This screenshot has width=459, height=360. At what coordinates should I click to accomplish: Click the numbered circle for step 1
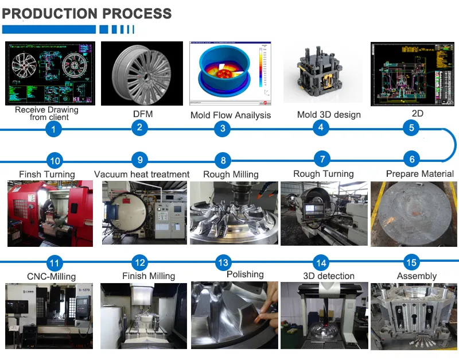tap(53, 130)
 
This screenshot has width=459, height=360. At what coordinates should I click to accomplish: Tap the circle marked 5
tap(411, 127)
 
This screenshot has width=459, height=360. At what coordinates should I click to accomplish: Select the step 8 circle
tap(223, 161)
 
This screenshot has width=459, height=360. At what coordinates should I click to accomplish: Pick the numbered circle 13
tap(223, 263)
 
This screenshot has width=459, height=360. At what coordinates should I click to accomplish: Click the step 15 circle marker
tap(411, 263)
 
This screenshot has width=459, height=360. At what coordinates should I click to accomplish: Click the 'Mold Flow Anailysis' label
tap(231, 115)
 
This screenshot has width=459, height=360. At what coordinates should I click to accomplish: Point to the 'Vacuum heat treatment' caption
tap(142, 174)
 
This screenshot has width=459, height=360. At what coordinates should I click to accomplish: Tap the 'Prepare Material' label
tap(419, 173)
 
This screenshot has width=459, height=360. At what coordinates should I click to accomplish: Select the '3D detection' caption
tap(329, 276)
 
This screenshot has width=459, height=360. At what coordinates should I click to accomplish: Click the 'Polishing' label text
tap(245, 274)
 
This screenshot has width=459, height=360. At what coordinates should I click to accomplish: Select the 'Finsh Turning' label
tap(47, 174)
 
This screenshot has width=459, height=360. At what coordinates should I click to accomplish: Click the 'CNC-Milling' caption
tap(51, 276)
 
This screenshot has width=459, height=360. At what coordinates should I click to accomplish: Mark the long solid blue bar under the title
tap(49, 29)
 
